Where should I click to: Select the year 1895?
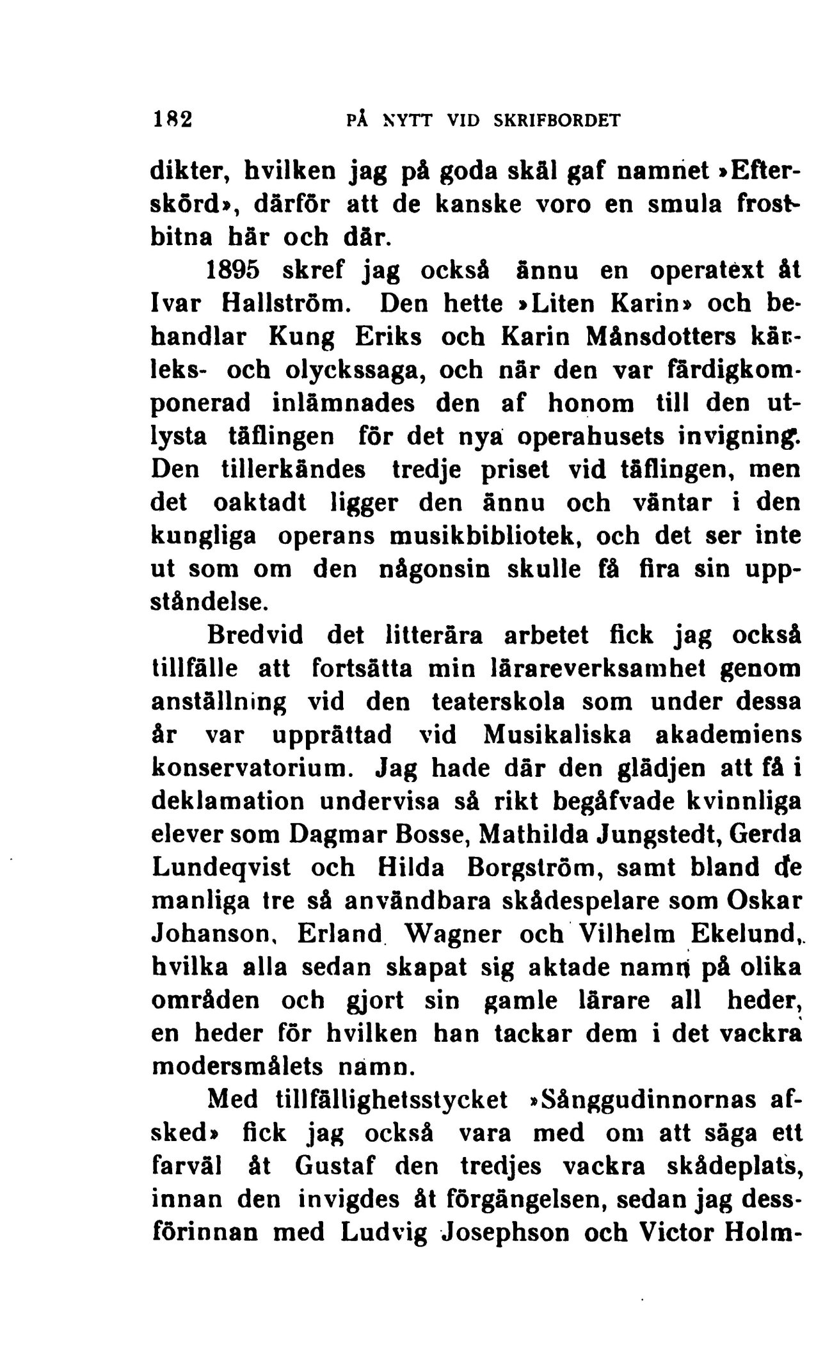pyautogui.click(x=232, y=269)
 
